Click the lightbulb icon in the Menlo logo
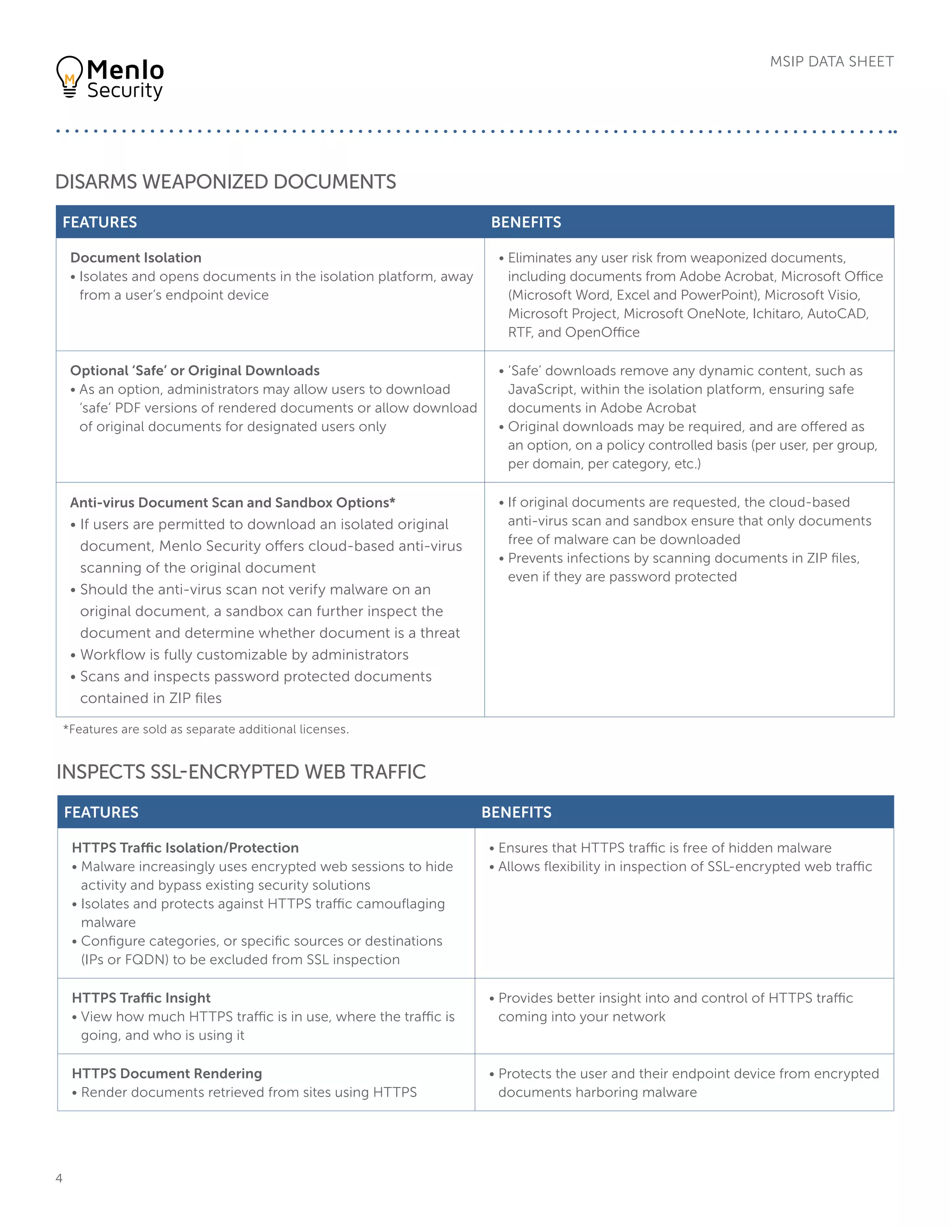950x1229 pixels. (69, 77)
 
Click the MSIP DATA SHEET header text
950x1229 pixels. (831, 61)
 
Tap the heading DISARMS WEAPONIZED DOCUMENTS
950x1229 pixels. (226, 182)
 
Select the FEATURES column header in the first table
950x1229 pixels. (100, 222)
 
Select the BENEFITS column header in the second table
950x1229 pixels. (516, 812)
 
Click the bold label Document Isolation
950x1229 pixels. (135, 258)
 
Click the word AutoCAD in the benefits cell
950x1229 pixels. (837, 314)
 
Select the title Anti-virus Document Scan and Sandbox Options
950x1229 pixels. (232, 503)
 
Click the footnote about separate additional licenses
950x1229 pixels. (206, 730)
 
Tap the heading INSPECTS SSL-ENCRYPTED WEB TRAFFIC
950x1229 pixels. (241, 772)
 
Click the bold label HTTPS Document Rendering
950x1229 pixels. (167, 1073)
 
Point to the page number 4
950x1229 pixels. (59, 1178)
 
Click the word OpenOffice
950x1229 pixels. (602, 332)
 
